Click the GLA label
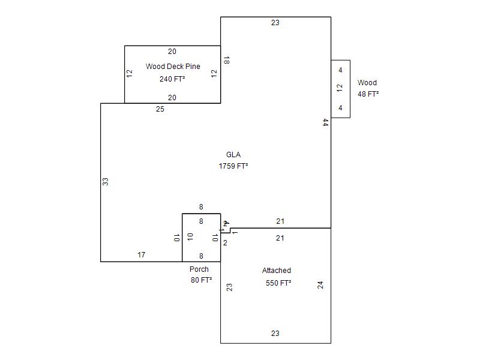233,155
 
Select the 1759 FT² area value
233,166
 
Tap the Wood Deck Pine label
173,67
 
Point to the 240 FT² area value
172,79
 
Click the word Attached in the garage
277,271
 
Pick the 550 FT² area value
278,283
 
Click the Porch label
199,269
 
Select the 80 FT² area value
201,280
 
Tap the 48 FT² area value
368,94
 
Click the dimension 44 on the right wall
325,122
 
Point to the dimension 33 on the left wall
106,181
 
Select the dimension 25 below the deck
160,109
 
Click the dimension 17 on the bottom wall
141,255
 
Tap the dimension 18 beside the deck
226,60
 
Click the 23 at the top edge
275,23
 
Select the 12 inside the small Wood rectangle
340,88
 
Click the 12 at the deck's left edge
130,73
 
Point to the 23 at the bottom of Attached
275,334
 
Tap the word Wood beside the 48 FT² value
367,83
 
